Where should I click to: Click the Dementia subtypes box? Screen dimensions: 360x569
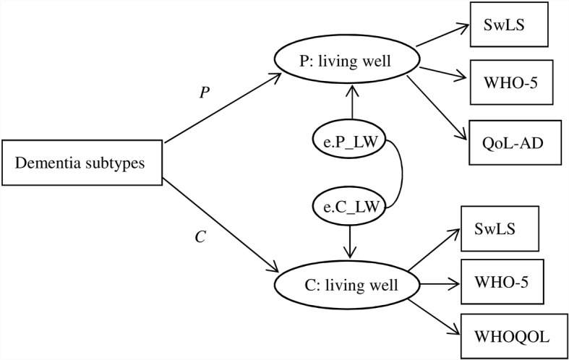point(81,163)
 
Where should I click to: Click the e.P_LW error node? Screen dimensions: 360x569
point(350,138)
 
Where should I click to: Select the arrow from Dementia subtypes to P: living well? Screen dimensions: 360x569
point(221,106)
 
